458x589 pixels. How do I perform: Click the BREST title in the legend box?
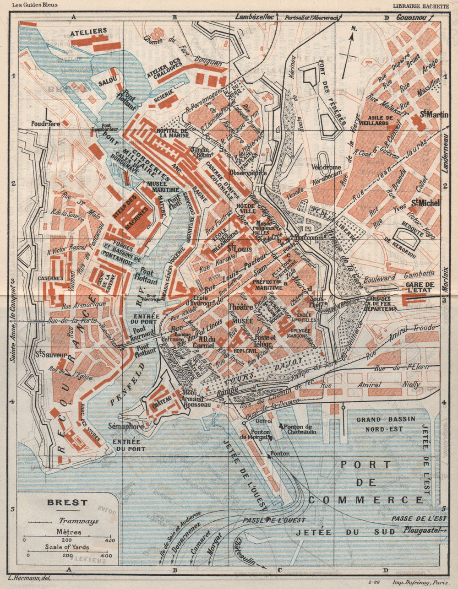pyautogui.click(x=67, y=502)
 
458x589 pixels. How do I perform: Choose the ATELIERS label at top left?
pyautogui.click(x=89, y=31)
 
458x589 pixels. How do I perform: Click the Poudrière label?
pyautogui.click(x=46, y=124)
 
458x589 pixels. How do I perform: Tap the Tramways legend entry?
pyautogui.click(x=69, y=521)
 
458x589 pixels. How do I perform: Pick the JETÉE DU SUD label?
pyautogui.click(x=345, y=532)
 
